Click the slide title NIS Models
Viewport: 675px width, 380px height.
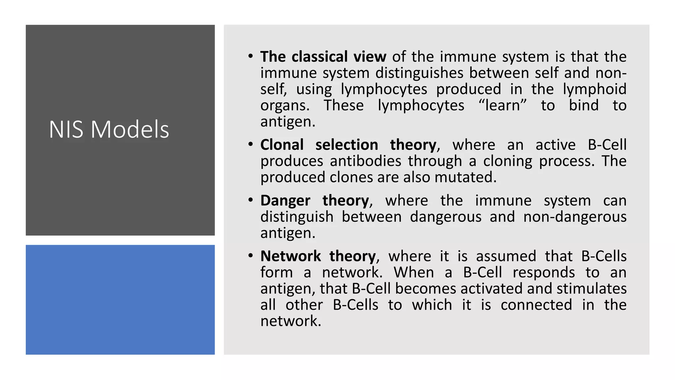tap(109, 129)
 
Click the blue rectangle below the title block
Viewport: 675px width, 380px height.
tap(120, 300)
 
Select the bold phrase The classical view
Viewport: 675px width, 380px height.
tap(323, 57)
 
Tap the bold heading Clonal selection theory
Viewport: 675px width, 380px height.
tap(348, 145)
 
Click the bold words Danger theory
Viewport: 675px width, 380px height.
tap(314, 201)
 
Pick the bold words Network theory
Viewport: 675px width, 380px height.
tap(318, 256)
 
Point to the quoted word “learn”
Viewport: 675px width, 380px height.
tap(502, 106)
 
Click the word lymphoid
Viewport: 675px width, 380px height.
tap(594, 89)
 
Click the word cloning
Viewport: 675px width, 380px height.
tap(508, 161)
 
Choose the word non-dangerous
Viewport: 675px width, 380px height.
tap(575, 217)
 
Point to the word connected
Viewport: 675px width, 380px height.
tap(536, 305)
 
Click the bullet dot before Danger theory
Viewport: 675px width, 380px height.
tap(251, 200)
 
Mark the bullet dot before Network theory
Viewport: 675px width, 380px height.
tap(251, 256)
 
